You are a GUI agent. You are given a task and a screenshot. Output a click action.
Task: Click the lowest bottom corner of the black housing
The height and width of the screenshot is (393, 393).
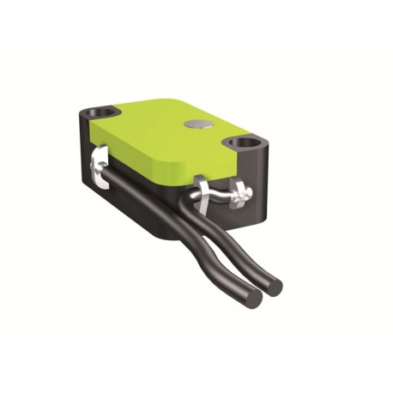[164, 235]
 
